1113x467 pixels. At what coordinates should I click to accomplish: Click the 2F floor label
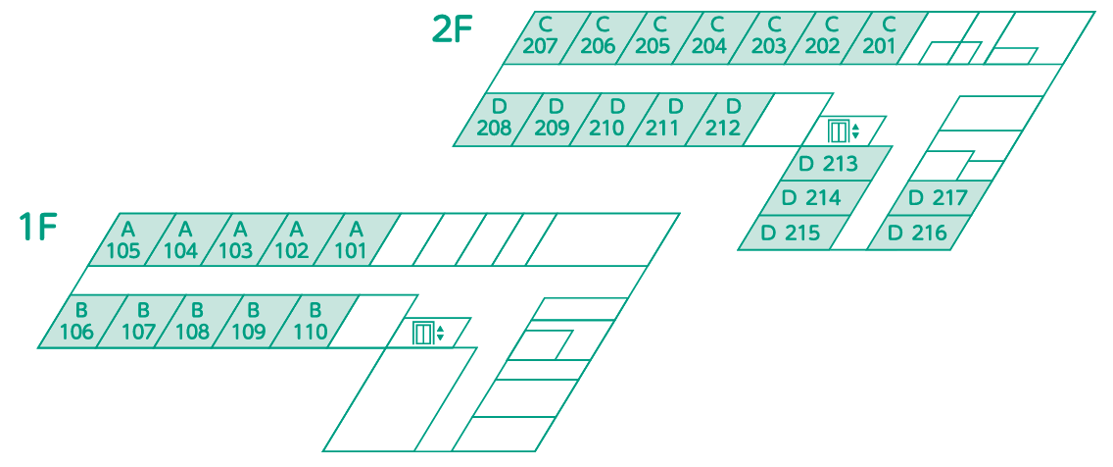[x=453, y=29]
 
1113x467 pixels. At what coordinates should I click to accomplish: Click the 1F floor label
[x=38, y=228]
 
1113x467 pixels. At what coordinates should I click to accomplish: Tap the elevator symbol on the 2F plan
[x=844, y=131]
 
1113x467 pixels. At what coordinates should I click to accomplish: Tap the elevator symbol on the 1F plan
[x=429, y=333]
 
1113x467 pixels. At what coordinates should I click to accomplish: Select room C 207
[x=541, y=37]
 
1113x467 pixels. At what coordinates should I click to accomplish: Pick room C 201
[x=880, y=37]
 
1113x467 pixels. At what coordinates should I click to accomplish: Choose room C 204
[x=709, y=37]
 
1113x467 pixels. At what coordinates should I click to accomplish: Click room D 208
[x=495, y=120]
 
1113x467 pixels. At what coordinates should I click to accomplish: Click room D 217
[x=939, y=197]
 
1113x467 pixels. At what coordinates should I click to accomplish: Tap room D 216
[x=918, y=233]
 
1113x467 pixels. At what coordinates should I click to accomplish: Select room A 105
[x=125, y=239]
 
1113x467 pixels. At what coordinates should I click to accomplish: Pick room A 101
[x=352, y=239]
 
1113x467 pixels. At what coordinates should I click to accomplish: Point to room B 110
[x=313, y=321]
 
